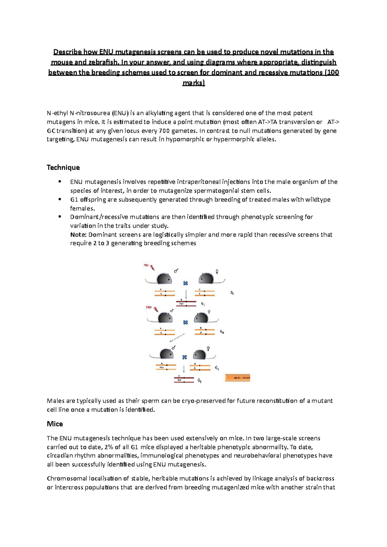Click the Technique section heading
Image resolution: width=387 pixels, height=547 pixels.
click(x=63, y=168)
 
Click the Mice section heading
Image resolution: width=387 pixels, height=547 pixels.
click(x=55, y=424)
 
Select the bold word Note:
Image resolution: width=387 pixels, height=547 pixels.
click(x=78, y=235)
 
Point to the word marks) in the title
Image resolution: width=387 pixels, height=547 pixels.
click(x=193, y=83)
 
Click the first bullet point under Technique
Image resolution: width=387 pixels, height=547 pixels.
click(x=60, y=182)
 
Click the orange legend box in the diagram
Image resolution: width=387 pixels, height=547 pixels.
click(x=238, y=378)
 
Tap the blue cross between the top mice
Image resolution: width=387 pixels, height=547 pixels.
click(x=185, y=283)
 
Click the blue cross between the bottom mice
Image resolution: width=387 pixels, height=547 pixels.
click(x=184, y=357)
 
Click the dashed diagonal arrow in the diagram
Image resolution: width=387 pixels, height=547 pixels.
click(x=177, y=338)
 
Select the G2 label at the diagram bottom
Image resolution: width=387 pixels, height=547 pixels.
click(x=200, y=381)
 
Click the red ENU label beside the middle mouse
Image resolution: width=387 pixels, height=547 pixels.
click(x=149, y=307)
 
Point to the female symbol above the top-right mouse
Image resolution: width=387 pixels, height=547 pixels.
click(x=217, y=272)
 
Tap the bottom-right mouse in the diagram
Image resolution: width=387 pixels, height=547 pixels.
click(x=200, y=355)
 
